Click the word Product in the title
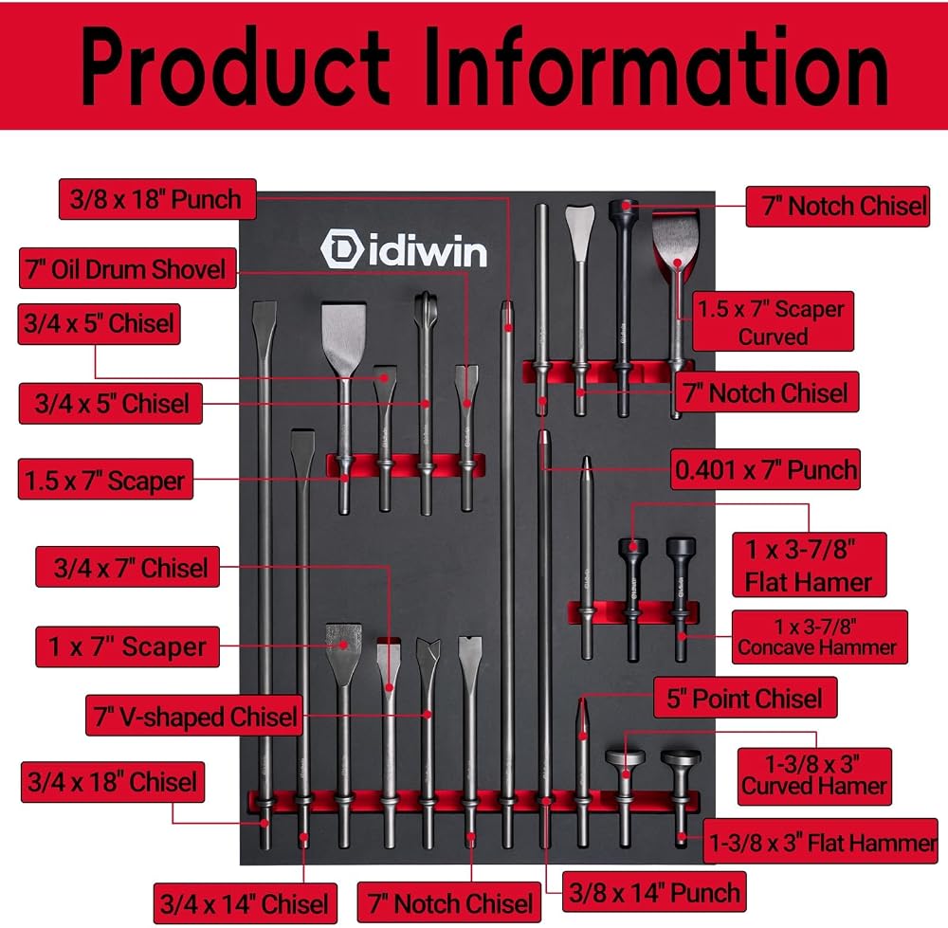235,66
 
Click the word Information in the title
656,66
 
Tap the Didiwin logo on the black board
403,247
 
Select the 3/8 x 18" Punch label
157,199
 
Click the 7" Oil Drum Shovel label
128,268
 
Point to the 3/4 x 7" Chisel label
128,567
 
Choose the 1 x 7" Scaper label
128,646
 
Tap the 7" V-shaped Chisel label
194,716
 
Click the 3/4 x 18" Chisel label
113,782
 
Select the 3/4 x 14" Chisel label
245,903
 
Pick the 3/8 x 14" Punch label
654,892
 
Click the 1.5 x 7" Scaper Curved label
773,321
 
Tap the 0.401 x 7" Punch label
765,469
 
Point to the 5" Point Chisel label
745,698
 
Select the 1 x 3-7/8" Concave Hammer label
820,637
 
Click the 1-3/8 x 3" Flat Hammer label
821,842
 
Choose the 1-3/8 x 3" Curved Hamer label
814,776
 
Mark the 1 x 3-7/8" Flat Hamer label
809,565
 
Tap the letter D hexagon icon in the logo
341,247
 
